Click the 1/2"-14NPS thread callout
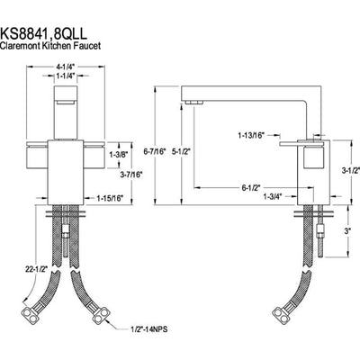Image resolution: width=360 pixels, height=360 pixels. coord(139,329)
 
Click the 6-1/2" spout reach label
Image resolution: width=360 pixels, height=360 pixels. coord(253,187)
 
